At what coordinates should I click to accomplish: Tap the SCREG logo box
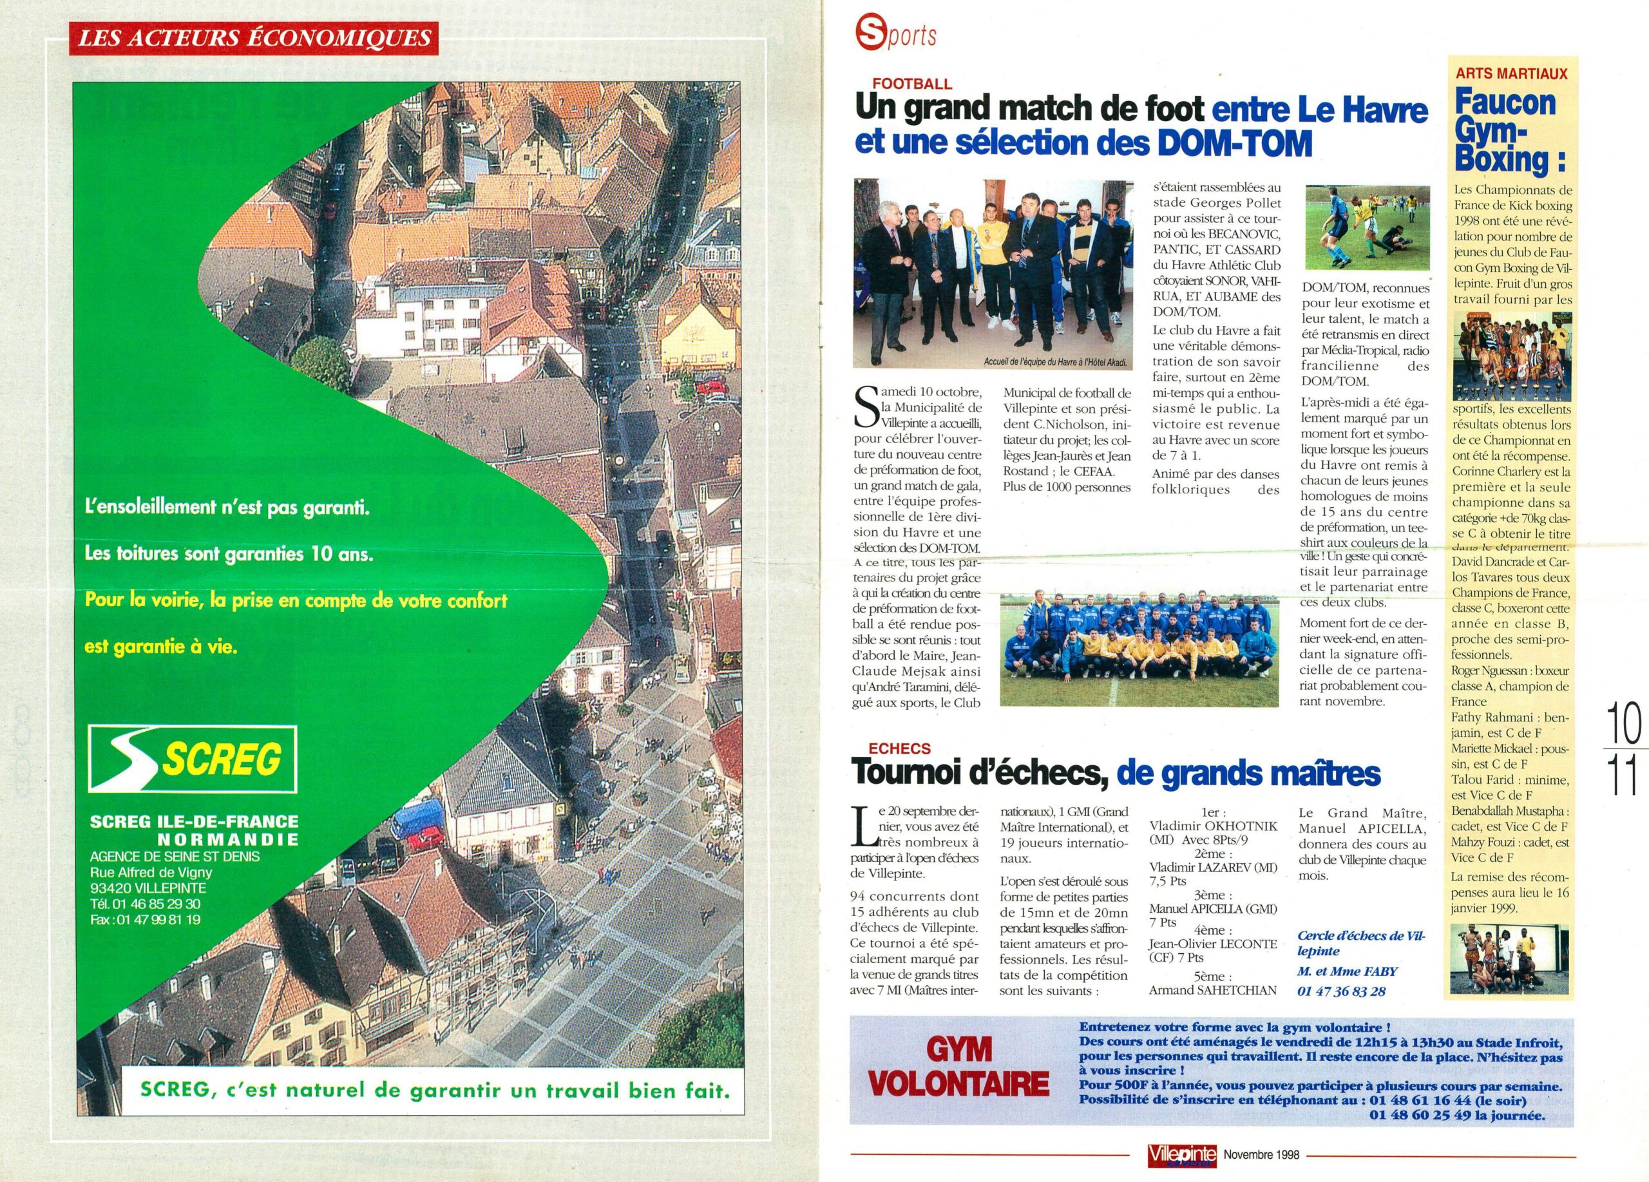tap(192, 759)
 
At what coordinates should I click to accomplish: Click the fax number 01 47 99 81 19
tap(146, 920)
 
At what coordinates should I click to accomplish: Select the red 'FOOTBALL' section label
tap(913, 84)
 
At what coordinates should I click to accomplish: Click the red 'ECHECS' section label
tap(899, 748)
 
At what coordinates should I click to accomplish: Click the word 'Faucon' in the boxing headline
tap(1506, 104)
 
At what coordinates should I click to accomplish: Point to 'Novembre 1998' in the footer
tap(1261, 1154)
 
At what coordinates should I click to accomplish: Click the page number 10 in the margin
tap(1623, 723)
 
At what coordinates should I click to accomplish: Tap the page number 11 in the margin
tap(1623, 776)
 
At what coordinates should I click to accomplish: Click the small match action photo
tap(1367, 227)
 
